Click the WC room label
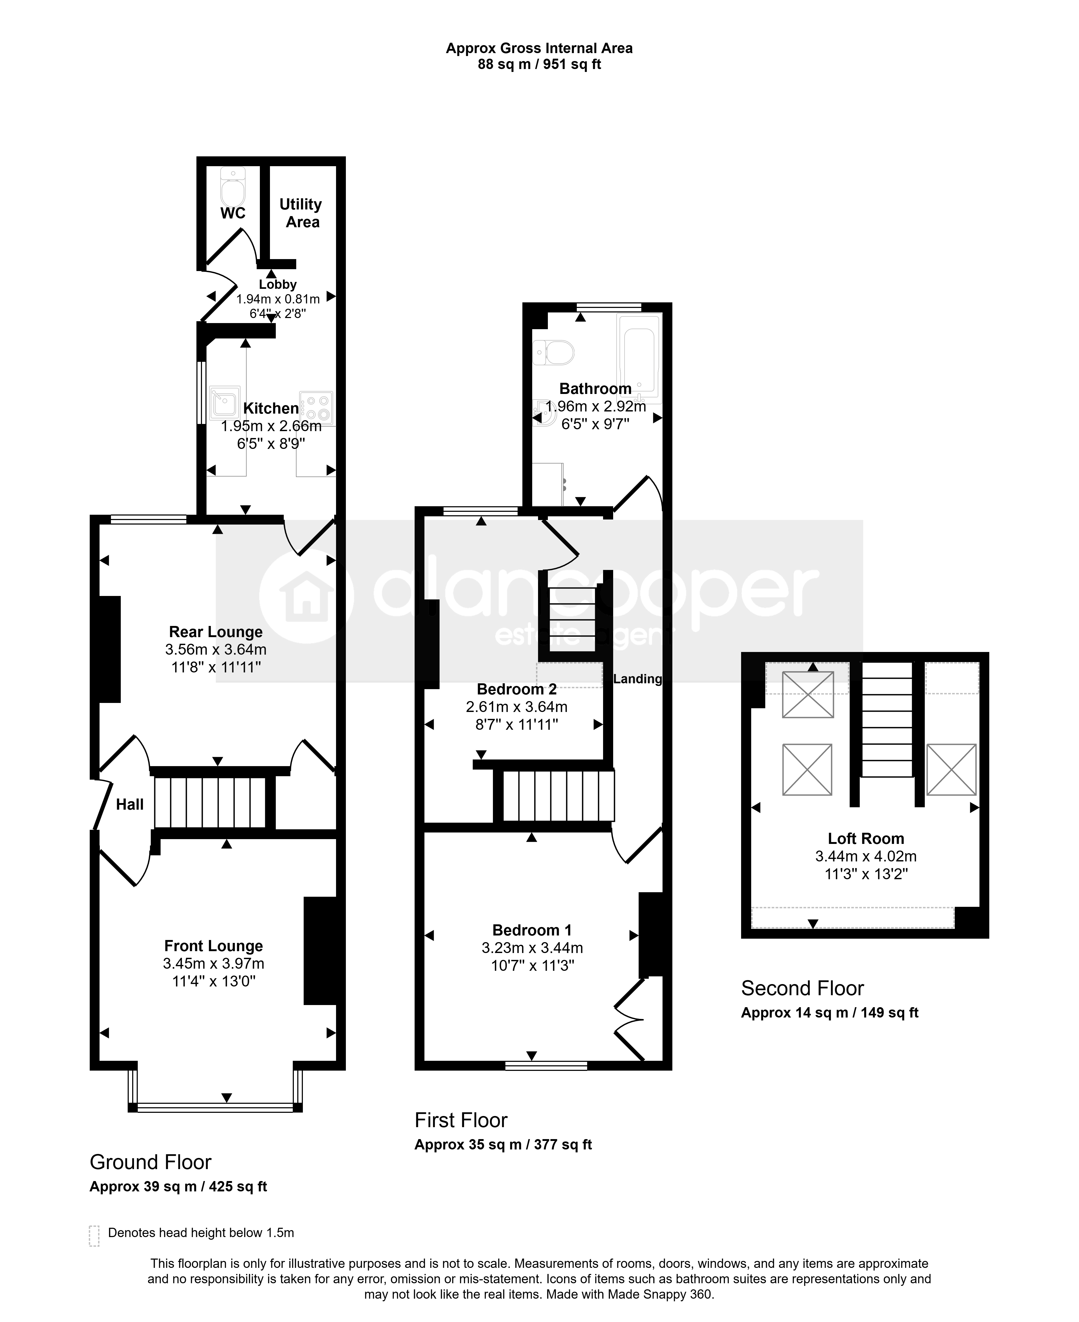[233, 213]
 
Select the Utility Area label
[302, 213]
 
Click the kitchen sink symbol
[224, 403]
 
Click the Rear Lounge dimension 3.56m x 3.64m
[216, 650]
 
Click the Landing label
[638, 679]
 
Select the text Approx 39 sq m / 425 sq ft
[178, 1187]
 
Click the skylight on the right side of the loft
[951, 770]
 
